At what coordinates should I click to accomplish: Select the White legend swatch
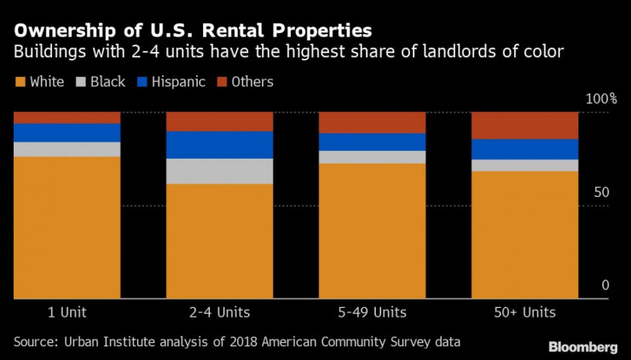tap(20, 83)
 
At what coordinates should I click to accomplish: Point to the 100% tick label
tap(600, 100)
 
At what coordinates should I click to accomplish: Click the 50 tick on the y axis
tap(601, 193)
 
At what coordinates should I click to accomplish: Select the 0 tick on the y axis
tap(605, 285)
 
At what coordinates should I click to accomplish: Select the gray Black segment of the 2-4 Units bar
tap(219, 171)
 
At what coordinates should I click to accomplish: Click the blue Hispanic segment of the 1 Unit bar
tap(67, 132)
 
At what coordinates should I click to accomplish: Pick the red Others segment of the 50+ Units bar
tap(524, 125)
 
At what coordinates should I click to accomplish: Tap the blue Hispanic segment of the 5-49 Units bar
tap(372, 142)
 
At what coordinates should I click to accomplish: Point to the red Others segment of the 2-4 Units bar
tap(219, 121)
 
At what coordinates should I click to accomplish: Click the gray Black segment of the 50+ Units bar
tap(524, 165)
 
